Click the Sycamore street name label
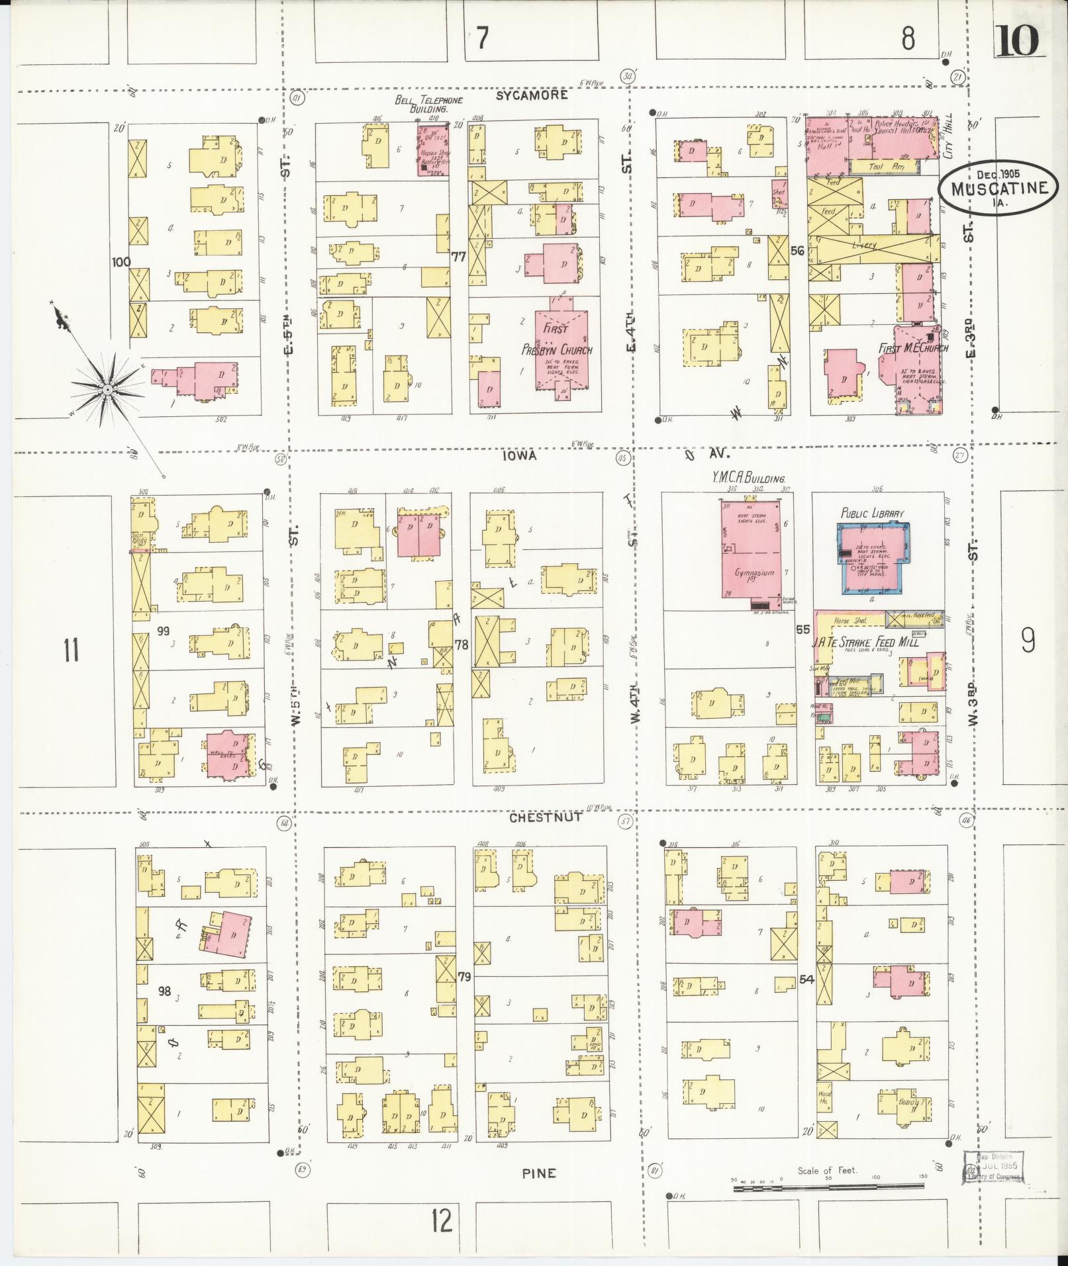coord(532,95)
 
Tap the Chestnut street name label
coord(546,817)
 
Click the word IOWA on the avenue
coord(518,455)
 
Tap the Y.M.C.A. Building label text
coord(748,478)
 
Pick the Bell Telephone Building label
coord(428,104)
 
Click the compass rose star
coord(106,390)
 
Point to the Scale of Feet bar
coord(828,1189)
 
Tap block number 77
coord(458,256)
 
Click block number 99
coord(163,631)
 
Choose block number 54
coord(806,979)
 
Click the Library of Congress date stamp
coord(994,1165)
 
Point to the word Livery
coord(863,245)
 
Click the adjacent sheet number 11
coord(71,649)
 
